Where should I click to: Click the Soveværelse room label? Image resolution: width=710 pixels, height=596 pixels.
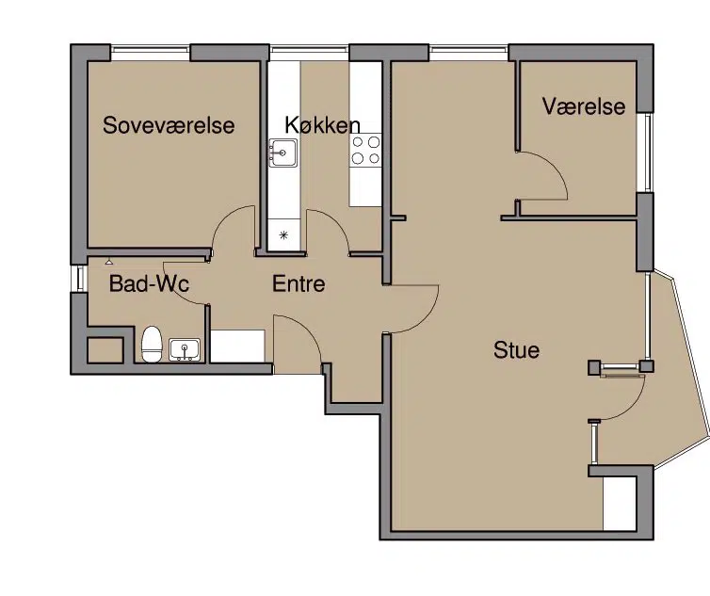click(169, 125)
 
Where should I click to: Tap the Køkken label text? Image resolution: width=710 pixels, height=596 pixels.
click(322, 124)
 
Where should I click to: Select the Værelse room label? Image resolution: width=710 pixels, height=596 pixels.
click(584, 106)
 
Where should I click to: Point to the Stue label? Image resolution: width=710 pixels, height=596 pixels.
click(516, 350)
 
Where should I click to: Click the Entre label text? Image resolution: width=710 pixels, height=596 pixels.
click(299, 284)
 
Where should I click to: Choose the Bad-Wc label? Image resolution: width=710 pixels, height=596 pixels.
click(149, 284)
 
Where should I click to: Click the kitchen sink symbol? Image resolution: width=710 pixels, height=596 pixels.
click(283, 153)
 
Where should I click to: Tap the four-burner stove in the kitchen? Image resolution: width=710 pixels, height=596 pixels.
click(365, 150)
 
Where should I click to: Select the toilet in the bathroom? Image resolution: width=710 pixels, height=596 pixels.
click(153, 345)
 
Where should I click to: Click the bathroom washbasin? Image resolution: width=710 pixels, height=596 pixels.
click(185, 349)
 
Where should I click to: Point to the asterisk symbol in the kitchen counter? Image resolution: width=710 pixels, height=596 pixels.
click(284, 234)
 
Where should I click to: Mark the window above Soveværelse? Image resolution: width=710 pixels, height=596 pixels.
click(151, 53)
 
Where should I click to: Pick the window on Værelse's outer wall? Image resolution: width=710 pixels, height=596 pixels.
click(645, 153)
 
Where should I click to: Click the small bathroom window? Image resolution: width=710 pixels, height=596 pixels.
click(79, 278)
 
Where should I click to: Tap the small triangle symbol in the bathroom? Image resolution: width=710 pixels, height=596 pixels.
click(109, 262)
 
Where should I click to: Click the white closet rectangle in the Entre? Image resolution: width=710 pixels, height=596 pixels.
click(237, 346)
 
